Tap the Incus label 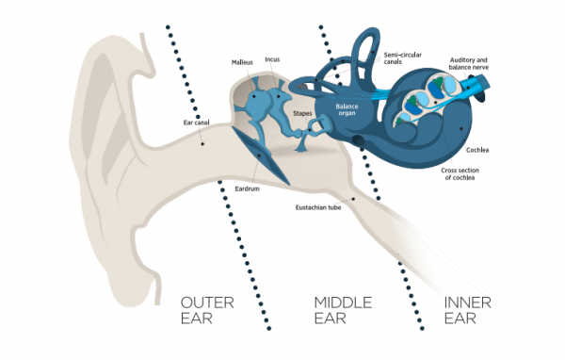point(272,58)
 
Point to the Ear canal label point(195,122)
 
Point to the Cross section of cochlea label point(464,174)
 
